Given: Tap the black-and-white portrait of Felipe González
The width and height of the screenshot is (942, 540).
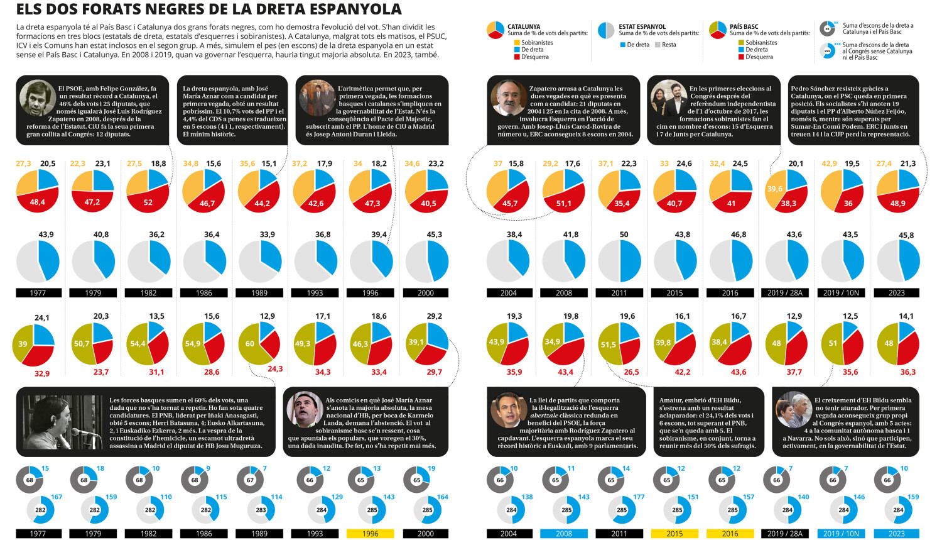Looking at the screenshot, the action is click(38, 97).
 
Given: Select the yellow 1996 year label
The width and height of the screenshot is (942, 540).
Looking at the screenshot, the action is click(370, 533).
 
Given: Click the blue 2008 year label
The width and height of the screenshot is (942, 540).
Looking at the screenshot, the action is click(563, 533).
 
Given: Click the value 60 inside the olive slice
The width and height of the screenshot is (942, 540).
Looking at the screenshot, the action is click(250, 343).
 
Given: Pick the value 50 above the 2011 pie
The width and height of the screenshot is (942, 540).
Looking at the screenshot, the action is click(624, 234).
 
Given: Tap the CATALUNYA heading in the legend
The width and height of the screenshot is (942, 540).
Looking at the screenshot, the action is click(524, 26).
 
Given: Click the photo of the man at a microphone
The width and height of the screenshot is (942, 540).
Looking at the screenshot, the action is click(63, 422).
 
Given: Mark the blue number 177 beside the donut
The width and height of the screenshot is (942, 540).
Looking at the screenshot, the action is click(639, 497).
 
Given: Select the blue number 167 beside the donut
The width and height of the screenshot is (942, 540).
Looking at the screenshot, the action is click(57, 497).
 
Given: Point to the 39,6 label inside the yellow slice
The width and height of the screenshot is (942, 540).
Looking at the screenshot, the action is click(774, 189).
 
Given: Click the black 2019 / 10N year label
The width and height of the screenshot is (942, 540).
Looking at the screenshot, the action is click(841, 292).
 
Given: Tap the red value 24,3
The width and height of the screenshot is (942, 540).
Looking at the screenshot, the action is click(275, 369).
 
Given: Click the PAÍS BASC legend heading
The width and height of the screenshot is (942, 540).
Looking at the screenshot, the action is click(744, 26).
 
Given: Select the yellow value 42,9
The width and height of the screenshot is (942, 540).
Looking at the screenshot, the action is click(829, 163).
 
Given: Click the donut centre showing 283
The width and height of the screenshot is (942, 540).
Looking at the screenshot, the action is click(261, 510).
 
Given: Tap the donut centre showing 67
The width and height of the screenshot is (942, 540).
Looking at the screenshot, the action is click(250, 480).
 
